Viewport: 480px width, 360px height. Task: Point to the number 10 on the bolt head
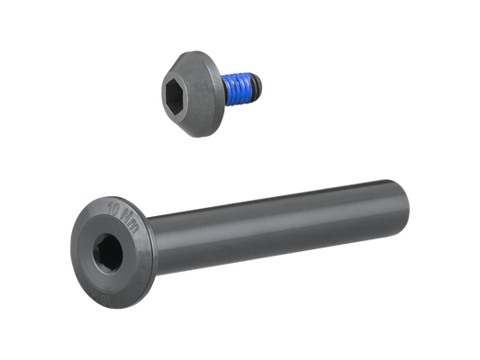114,212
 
